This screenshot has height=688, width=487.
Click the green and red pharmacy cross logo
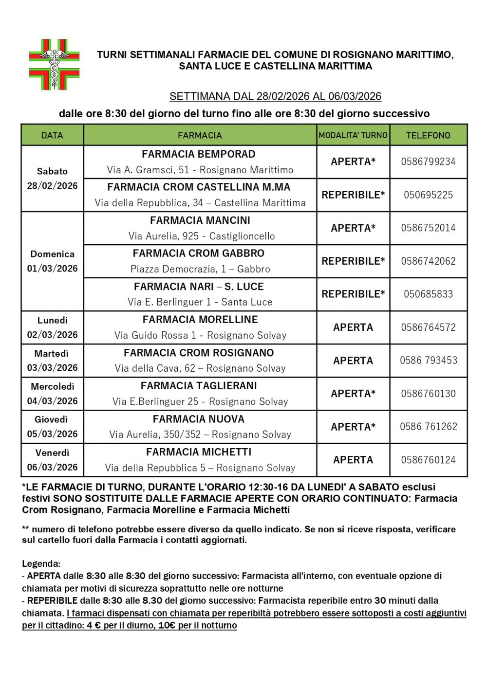[x=54, y=64]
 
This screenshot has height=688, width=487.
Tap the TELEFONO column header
[x=428, y=135]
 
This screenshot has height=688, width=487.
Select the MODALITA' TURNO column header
[x=353, y=135]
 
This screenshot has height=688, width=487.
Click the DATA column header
[x=52, y=135]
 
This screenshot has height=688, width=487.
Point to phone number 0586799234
[x=428, y=162]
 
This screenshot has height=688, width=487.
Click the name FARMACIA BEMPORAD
[x=199, y=154]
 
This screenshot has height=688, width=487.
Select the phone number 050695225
[x=428, y=195]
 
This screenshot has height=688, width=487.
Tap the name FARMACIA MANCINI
[x=200, y=220]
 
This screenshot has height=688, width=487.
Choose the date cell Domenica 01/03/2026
[x=52, y=261]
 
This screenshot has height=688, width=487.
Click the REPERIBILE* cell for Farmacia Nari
[x=353, y=294]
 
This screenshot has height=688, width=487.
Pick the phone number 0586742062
[x=428, y=261]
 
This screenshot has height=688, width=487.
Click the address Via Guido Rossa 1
[x=200, y=335]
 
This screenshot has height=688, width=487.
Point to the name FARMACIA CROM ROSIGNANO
[x=199, y=353]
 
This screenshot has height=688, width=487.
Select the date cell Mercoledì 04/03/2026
[x=52, y=394]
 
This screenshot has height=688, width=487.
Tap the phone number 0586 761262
[x=429, y=427]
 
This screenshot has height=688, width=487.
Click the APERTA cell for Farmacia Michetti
[x=353, y=460]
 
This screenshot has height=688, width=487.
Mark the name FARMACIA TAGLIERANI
[x=199, y=386]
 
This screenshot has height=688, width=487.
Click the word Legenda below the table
[x=41, y=564]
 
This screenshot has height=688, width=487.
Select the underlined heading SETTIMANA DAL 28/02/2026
[x=275, y=96]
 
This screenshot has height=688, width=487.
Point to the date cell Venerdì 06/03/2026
[x=52, y=460]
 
